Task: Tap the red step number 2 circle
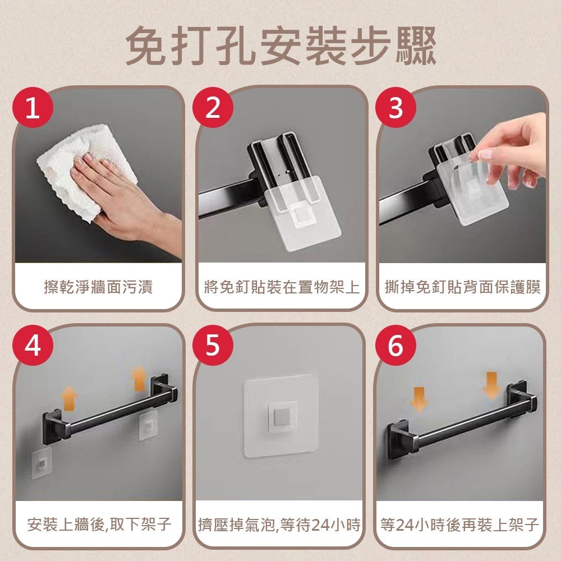click(213, 108)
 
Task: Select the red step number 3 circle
click(396, 108)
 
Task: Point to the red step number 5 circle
click(213, 347)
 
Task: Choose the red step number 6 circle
click(396, 347)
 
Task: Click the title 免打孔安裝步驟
click(280, 45)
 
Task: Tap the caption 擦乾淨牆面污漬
click(98, 288)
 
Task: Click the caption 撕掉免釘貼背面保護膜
click(462, 288)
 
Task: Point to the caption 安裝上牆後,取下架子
click(99, 525)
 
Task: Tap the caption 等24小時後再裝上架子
click(459, 525)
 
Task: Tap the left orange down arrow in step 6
click(419, 399)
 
